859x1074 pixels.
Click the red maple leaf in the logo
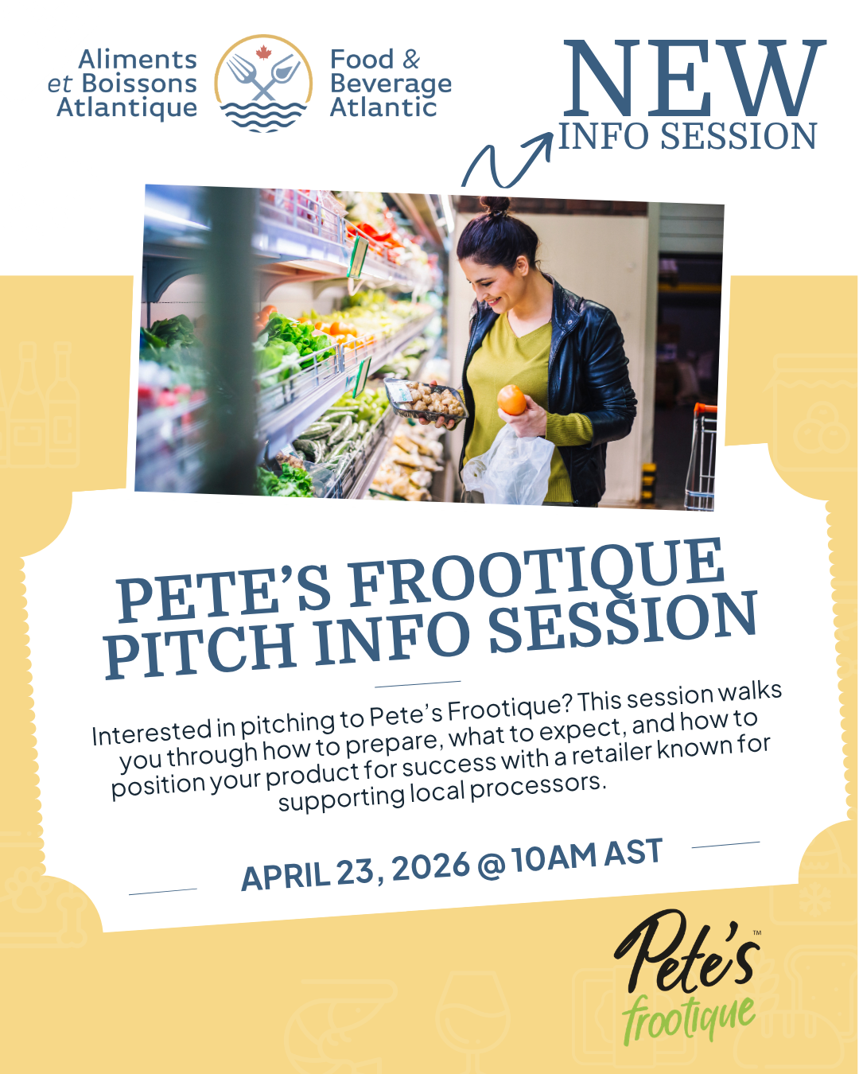click(263, 52)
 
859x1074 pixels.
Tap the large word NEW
click(694, 78)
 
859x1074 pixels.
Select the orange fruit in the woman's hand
click(511, 399)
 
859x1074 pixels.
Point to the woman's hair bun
click(496, 205)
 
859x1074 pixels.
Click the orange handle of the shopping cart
click(705, 409)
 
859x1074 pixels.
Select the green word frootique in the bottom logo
click(688, 1018)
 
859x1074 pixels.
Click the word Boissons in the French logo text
click(139, 84)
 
